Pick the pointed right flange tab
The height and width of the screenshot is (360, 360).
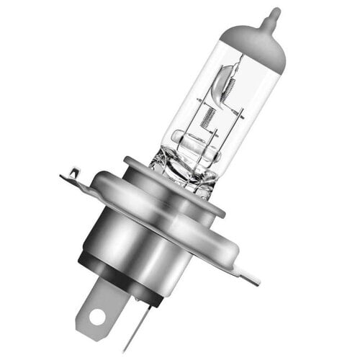tap(248, 274)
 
